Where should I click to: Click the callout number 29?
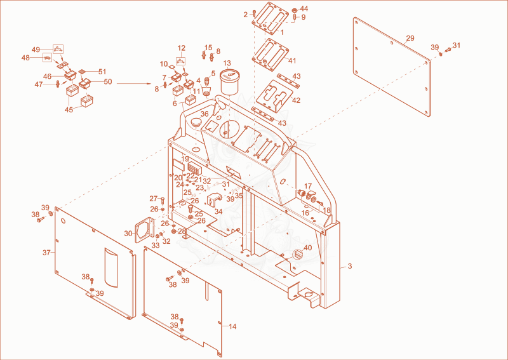pyautogui.click(x=410, y=38)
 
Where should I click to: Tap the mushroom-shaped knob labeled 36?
pyautogui.click(x=195, y=123)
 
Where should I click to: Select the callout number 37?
pyautogui.click(x=46, y=253)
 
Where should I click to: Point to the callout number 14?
pyautogui.click(x=232, y=326)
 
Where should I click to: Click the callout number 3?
pyautogui.click(x=350, y=267)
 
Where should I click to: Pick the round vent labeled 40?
pyautogui.click(x=297, y=255)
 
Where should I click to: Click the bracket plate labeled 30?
pyautogui.click(x=145, y=229)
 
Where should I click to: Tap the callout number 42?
pyautogui.click(x=296, y=100)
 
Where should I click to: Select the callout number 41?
pyautogui.click(x=293, y=60)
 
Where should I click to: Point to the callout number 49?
pyautogui.click(x=36, y=50)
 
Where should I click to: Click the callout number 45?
pyautogui.click(x=69, y=110)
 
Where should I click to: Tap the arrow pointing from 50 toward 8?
pyautogui.click(x=134, y=84)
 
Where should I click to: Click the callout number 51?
pyautogui.click(x=102, y=72)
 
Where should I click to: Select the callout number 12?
pyautogui.click(x=182, y=48)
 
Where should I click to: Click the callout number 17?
pyautogui.click(x=308, y=186)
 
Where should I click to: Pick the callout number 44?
pyautogui.click(x=304, y=8)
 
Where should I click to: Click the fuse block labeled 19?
pyautogui.click(x=194, y=168)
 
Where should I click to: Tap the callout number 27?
pyautogui.click(x=153, y=199)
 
